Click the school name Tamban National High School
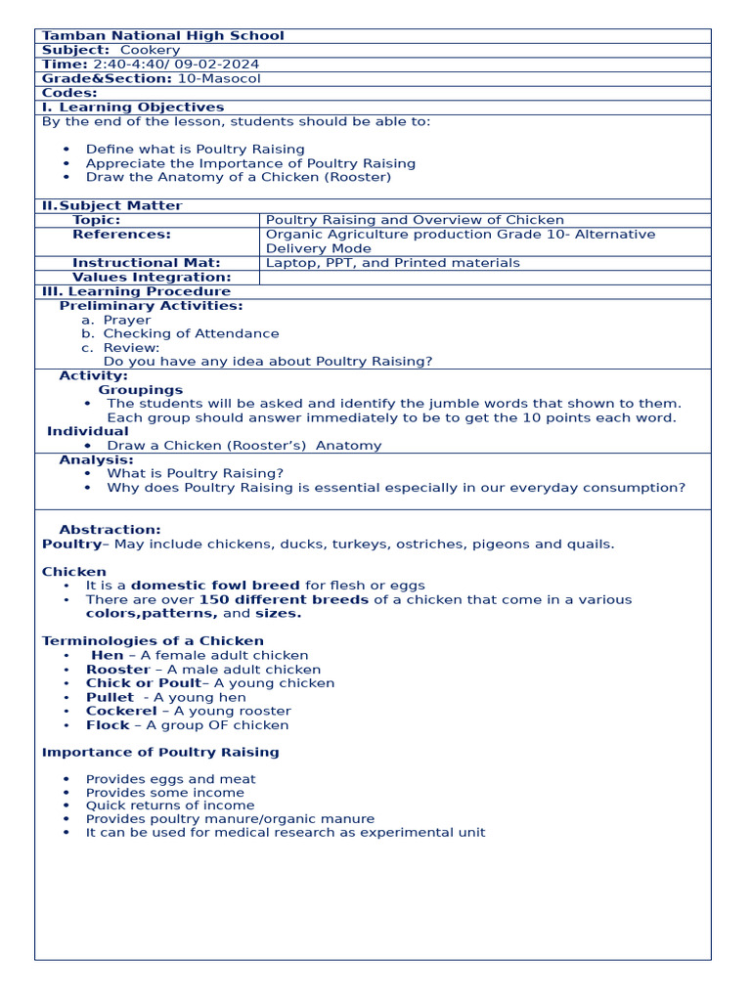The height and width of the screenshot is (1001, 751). coord(162,36)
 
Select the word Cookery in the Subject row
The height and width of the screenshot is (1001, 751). coord(150,50)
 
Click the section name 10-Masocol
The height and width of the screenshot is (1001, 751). coord(218,79)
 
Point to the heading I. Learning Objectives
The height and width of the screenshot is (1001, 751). coord(133,108)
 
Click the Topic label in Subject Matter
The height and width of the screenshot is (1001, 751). coord(96,220)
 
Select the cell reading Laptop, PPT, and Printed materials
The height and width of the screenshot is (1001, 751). coord(393,263)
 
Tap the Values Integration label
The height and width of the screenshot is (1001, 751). coord(152,278)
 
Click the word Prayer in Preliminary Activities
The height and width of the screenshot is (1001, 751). coord(127,320)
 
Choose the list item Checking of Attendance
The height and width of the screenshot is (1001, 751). coord(191,333)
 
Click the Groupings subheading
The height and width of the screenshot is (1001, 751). coord(140,390)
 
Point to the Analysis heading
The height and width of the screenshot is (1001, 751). coord(96,459)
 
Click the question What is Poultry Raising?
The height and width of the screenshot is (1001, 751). coord(195,473)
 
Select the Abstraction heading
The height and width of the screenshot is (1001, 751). coord(110,530)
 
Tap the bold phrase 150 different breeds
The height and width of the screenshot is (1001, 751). coord(284,599)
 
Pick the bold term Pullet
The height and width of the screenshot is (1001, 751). coord(110,697)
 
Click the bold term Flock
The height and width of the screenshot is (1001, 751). coord(108,725)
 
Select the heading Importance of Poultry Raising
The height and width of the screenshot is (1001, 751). coord(160,752)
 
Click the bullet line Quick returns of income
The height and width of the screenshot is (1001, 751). coord(169,805)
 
